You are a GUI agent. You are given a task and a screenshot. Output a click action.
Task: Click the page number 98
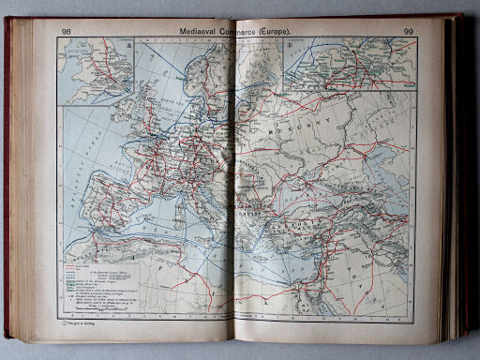coord(66,32)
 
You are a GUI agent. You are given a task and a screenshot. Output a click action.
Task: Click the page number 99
coord(409,33)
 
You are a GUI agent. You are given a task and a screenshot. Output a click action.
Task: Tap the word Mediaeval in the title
coord(204,33)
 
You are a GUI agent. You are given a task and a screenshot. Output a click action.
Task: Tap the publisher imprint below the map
coord(76,323)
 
